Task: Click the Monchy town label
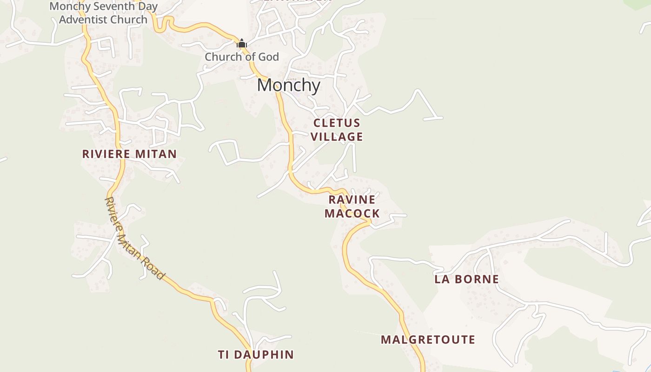tap(288, 85)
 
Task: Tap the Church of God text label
tap(242, 57)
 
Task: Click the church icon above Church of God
tap(242, 44)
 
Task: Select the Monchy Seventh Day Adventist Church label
tap(103, 13)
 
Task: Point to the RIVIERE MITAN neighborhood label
tap(129, 154)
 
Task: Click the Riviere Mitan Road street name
tap(134, 238)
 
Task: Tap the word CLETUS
tap(337, 123)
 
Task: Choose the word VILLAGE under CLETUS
tap(337, 137)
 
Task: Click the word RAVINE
tap(352, 199)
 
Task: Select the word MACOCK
tap(352, 213)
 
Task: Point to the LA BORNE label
tap(466, 279)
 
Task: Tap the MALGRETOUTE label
tap(428, 339)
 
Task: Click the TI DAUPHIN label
tap(256, 354)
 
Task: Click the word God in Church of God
tap(269, 57)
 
